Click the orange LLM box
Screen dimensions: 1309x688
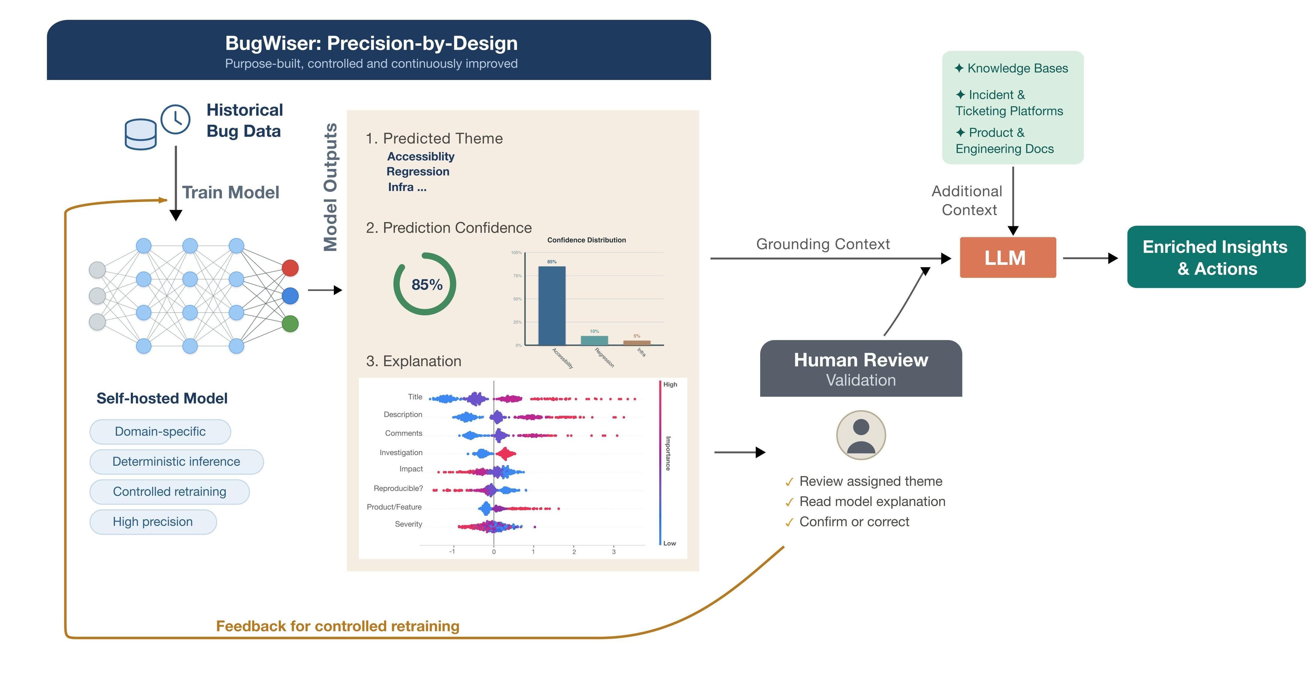(x=1008, y=257)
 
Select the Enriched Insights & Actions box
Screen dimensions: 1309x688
(x=1216, y=257)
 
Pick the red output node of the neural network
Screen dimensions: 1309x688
(x=290, y=268)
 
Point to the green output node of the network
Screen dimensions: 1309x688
(x=290, y=323)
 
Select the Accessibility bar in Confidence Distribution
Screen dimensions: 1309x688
(x=552, y=306)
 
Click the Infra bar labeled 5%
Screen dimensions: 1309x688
(x=637, y=343)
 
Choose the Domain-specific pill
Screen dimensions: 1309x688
(x=160, y=432)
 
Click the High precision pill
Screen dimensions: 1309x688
(x=153, y=522)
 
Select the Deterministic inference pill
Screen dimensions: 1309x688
(x=176, y=462)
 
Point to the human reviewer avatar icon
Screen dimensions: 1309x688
(x=861, y=435)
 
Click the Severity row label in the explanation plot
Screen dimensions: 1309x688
(x=409, y=524)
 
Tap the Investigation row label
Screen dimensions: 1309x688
(x=401, y=452)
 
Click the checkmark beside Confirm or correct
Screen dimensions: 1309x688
(x=789, y=523)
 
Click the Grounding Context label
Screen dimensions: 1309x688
(x=823, y=244)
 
